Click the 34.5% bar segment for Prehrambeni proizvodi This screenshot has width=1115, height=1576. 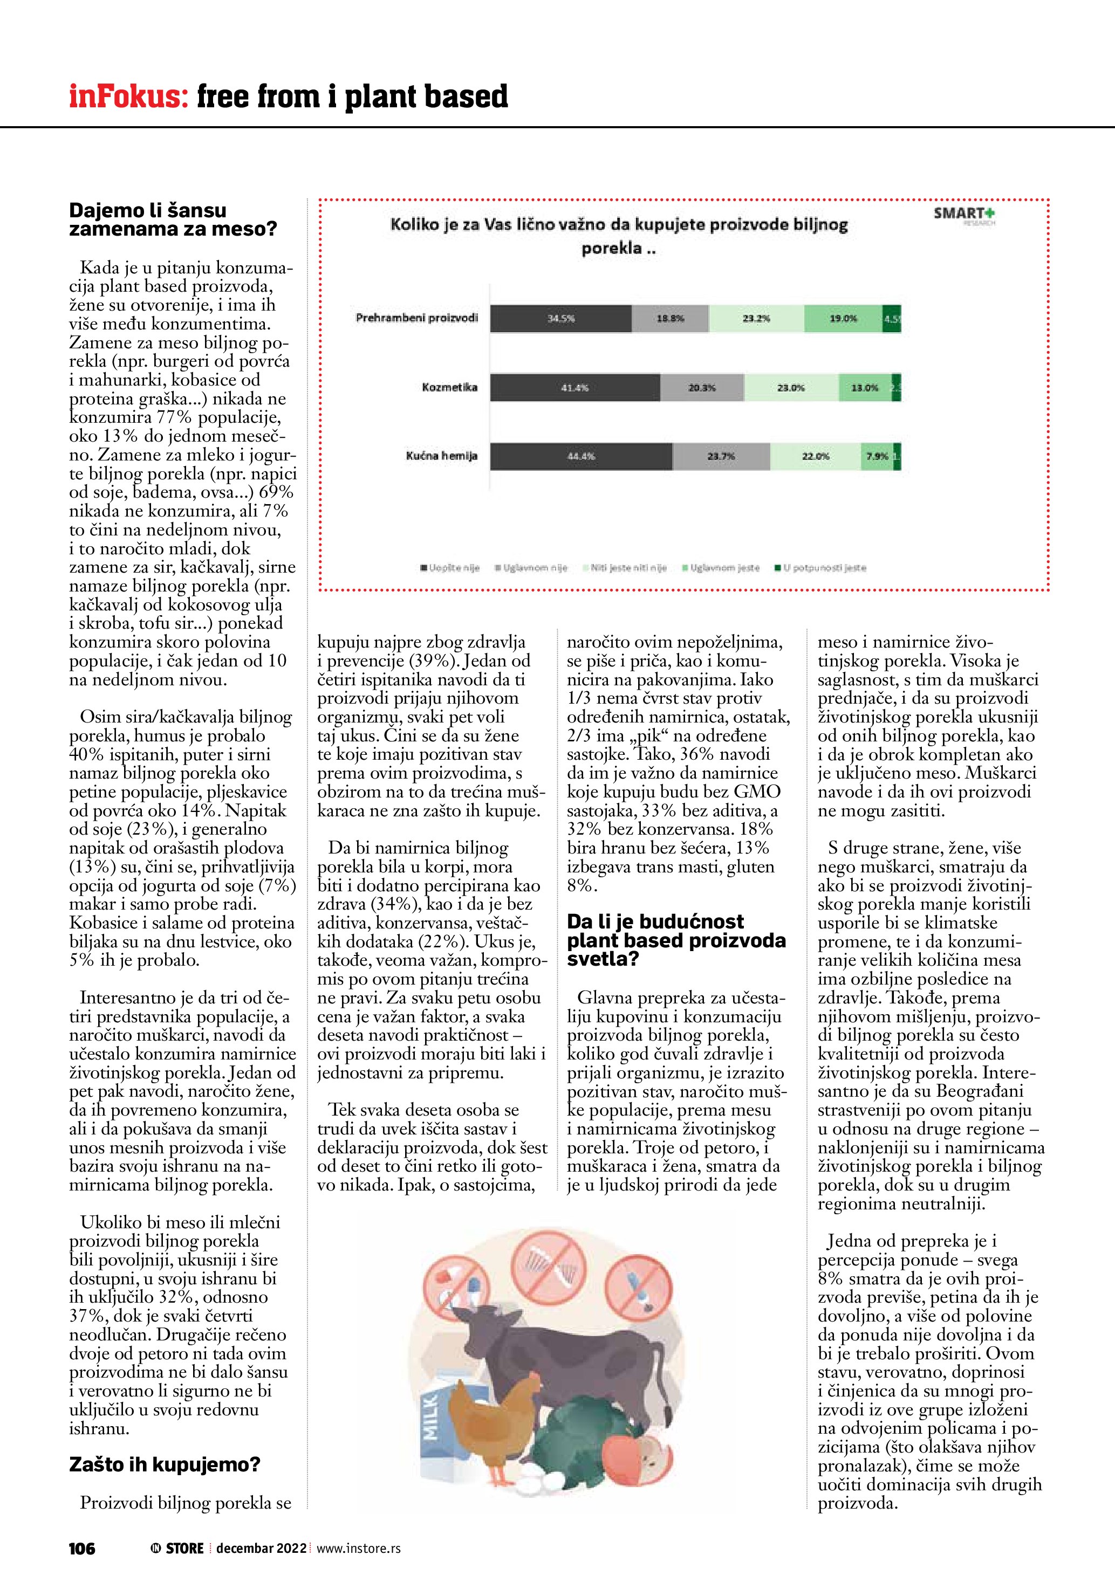point(560,319)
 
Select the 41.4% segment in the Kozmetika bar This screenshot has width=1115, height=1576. point(574,388)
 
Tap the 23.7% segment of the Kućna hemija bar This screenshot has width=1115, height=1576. point(721,457)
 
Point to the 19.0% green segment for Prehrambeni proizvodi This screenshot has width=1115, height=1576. point(843,319)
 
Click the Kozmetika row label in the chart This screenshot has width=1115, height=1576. point(450,387)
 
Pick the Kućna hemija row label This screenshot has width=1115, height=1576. point(441,456)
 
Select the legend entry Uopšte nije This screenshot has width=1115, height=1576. point(450,568)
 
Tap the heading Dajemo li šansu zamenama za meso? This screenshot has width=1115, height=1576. point(172,219)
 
